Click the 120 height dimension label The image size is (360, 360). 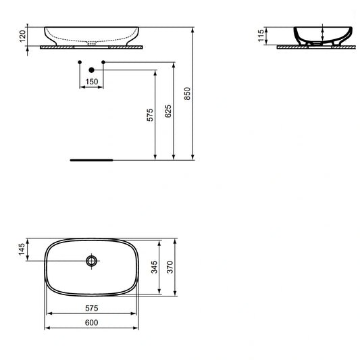click(x=22, y=36)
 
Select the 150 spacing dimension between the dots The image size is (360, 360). click(x=91, y=82)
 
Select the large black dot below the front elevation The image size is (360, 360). click(x=91, y=70)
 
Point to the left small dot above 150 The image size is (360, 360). click(x=80, y=62)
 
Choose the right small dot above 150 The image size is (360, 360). click(x=103, y=62)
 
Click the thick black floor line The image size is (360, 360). click(x=93, y=161)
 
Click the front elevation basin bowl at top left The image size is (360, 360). click(x=92, y=34)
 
